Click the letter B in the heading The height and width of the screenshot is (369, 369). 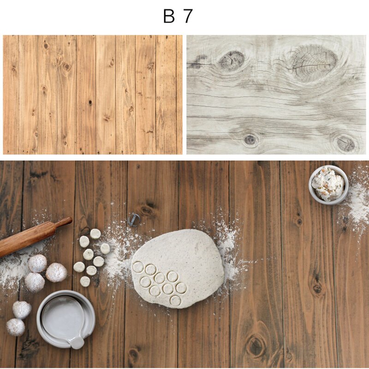(x=169, y=17)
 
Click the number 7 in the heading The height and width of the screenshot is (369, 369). (x=187, y=17)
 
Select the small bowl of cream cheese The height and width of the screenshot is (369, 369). (x=328, y=184)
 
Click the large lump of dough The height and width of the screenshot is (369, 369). (x=178, y=268)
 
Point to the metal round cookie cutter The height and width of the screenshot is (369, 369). (x=134, y=219)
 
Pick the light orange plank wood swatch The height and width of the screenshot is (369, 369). (x=92, y=95)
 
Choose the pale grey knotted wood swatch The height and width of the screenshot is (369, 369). (x=276, y=95)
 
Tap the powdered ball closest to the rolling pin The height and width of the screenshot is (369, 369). (x=37, y=263)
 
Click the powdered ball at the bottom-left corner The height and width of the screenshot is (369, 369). (x=15, y=327)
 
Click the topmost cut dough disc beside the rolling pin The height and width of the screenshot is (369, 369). (x=95, y=233)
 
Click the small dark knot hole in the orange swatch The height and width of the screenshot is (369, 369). (x=90, y=102)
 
